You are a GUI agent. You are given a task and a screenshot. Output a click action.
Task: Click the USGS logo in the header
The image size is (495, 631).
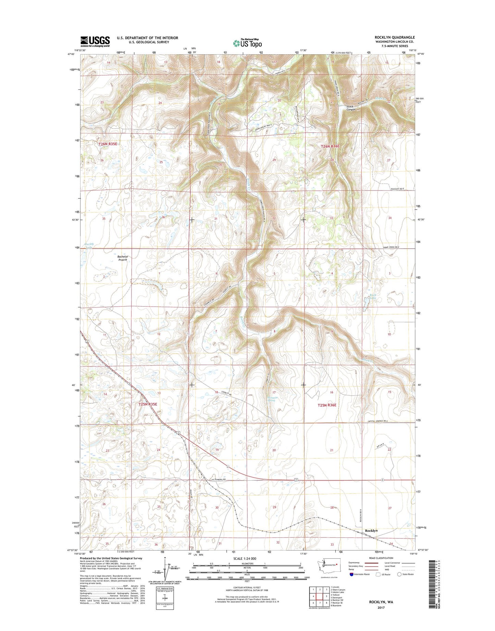95,41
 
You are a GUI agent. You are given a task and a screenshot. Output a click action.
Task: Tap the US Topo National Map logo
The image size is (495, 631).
247,42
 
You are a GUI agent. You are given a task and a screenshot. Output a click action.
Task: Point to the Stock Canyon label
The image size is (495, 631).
351,108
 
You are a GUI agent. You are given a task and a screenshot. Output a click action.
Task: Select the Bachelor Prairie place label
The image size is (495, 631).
123,258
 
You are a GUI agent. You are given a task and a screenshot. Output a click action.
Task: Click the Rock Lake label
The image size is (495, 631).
373,297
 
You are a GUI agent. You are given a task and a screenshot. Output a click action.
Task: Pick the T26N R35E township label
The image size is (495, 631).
108,144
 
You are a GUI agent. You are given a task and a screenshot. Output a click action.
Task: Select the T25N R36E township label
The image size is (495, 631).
327,405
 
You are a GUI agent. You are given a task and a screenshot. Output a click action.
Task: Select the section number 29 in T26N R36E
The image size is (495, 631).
274,160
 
